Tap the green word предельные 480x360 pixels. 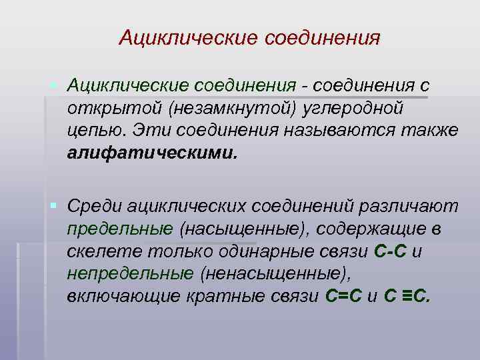(x=120, y=229)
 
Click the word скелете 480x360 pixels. (x=98, y=251)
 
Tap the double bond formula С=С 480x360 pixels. (x=343, y=295)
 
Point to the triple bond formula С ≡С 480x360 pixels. (x=408, y=295)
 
